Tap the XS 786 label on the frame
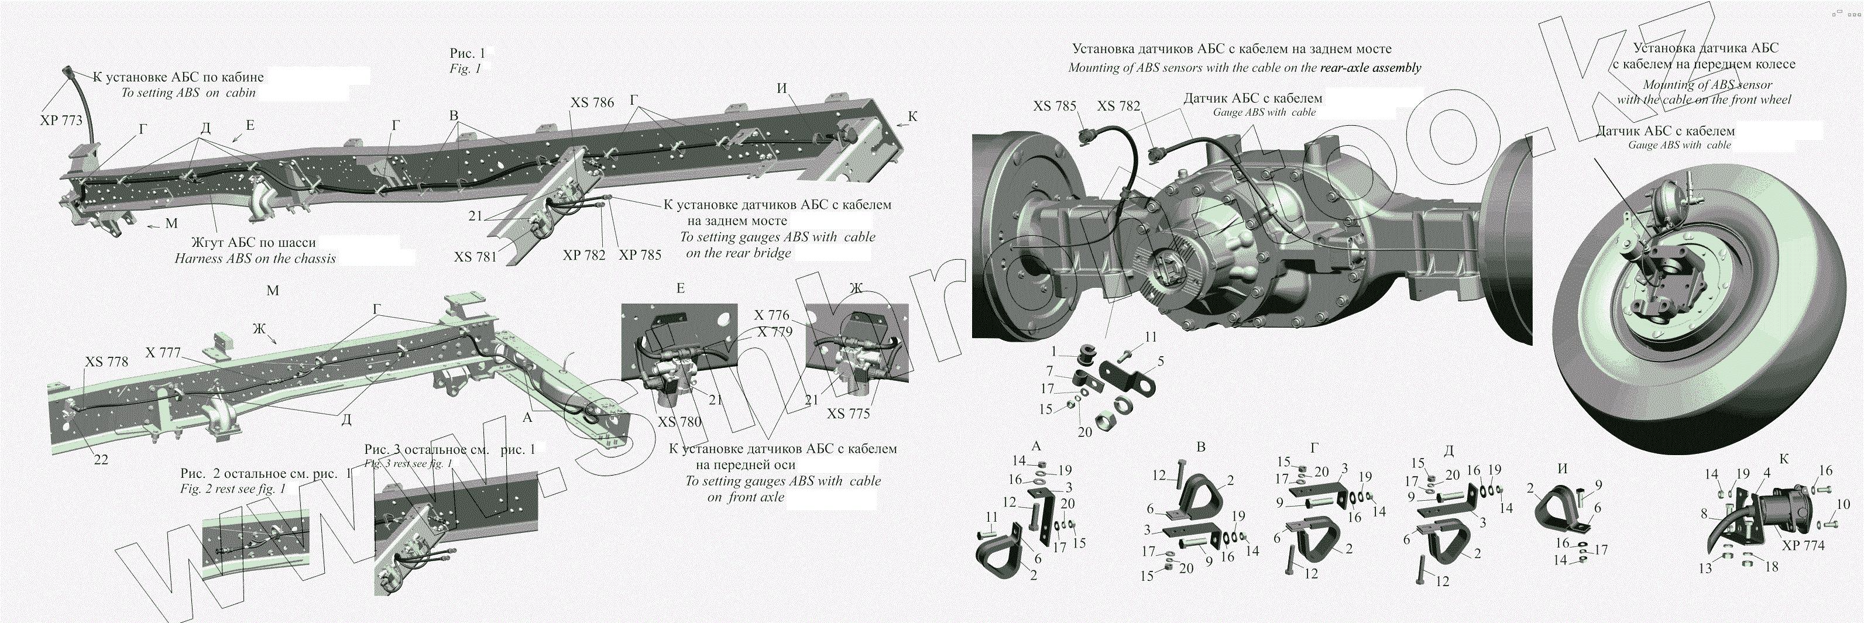tap(592, 103)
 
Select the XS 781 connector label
tap(475, 256)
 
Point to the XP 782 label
tap(583, 256)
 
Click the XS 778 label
tap(107, 362)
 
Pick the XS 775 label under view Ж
tap(849, 414)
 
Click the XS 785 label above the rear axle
tap(1054, 106)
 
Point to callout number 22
tap(101, 459)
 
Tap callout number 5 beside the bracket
tap(1161, 360)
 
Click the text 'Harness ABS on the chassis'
tap(255, 259)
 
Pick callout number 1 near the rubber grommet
tap(1055, 352)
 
